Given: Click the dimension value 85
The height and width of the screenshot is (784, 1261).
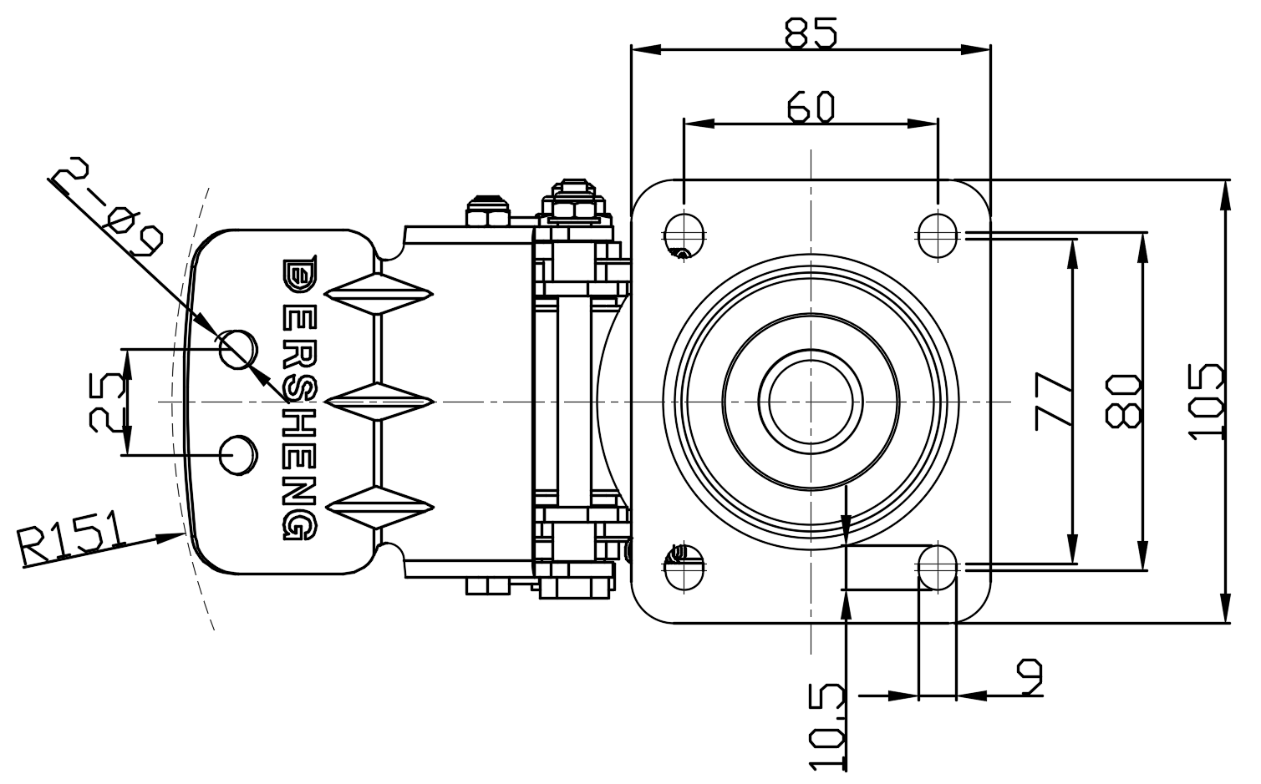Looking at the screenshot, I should [811, 33].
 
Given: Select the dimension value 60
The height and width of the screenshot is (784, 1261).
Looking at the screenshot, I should [811, 107].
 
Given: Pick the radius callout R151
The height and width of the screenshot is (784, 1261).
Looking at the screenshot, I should [71, 540].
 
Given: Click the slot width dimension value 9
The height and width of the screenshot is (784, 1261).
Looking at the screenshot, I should [1031, 677].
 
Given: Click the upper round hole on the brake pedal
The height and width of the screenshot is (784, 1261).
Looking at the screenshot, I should [236, 348].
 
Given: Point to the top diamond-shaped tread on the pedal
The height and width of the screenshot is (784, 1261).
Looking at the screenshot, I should [379, 294].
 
